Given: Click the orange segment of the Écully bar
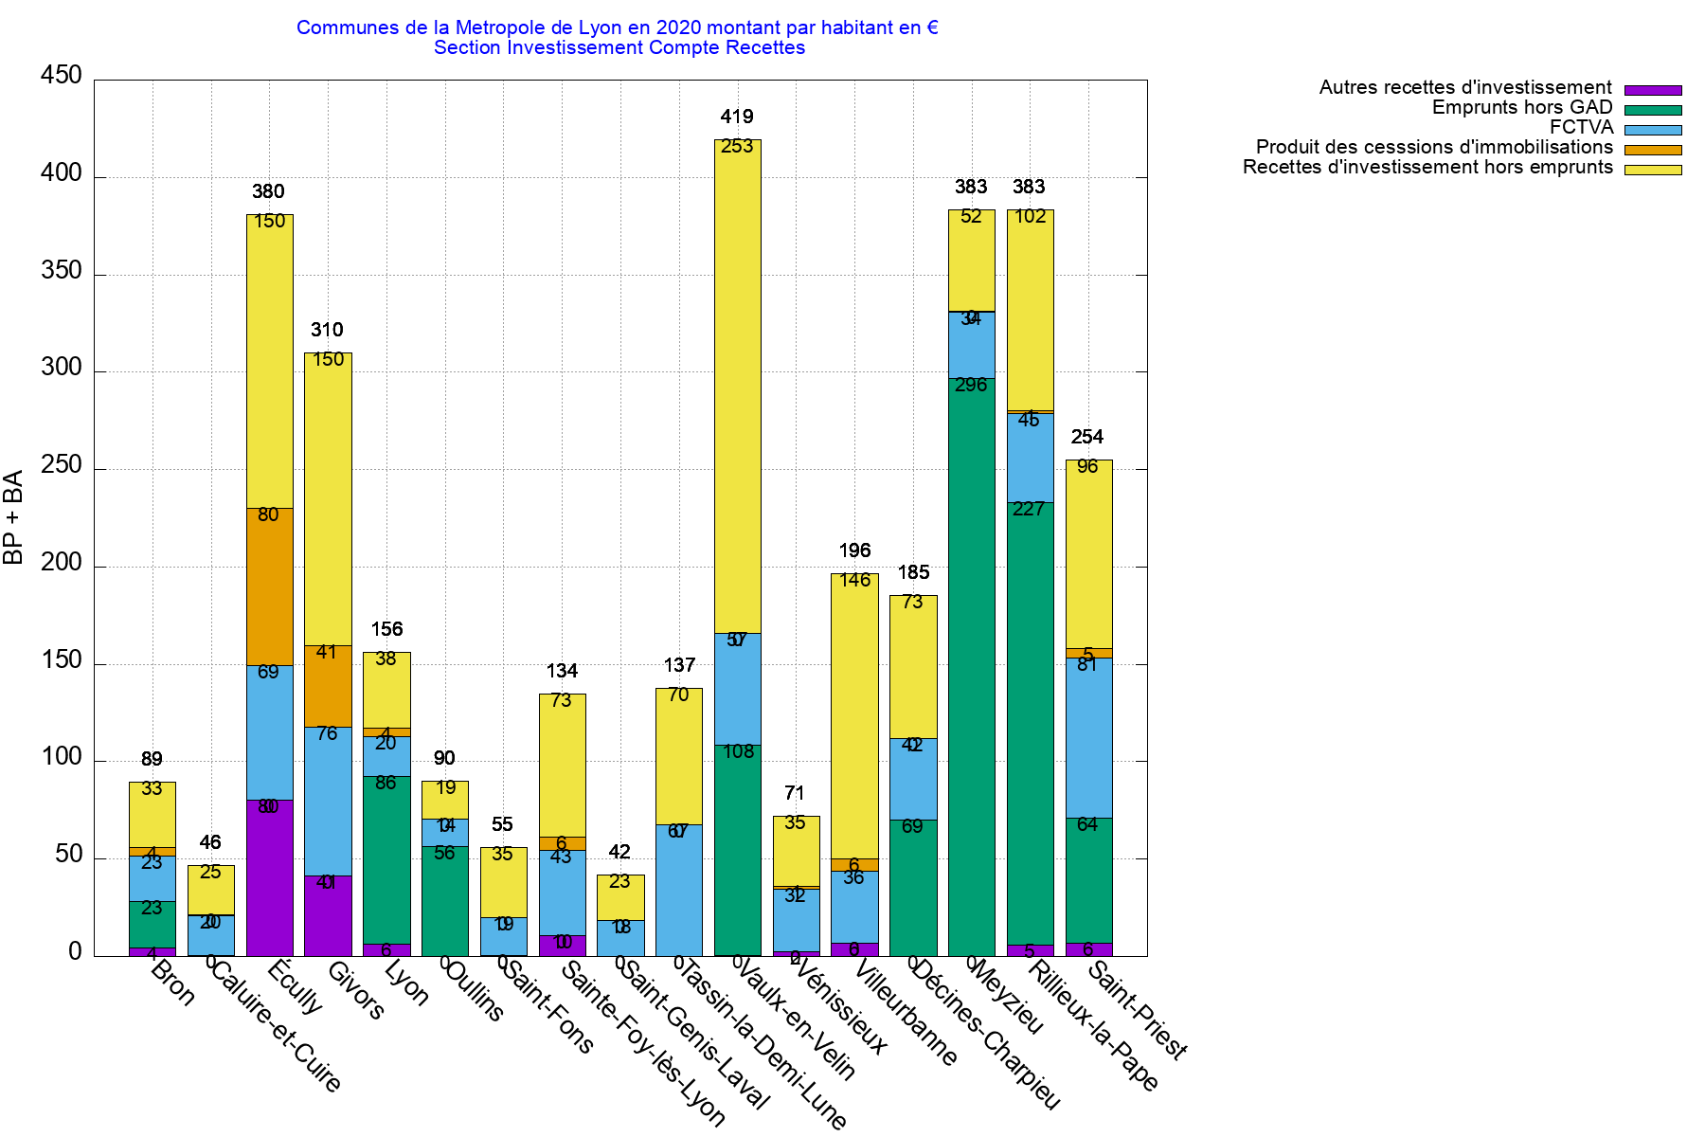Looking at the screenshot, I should [270, 587].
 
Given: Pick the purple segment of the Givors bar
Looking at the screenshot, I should [328, 915].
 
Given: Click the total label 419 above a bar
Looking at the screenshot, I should [737, 117].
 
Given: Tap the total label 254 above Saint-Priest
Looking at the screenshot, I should [1087, 437].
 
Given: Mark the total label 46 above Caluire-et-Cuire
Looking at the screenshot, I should [210, 842].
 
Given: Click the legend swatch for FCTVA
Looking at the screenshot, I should [1653, 130].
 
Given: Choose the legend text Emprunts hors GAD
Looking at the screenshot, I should [1521, 108].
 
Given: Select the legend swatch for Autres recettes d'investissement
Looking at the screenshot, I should [1653, 90].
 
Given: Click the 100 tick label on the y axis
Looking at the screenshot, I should [62, 758].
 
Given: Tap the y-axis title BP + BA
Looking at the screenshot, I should [13, 517].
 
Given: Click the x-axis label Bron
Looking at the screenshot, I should [173, 984].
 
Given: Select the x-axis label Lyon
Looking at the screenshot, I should [406, 984].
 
